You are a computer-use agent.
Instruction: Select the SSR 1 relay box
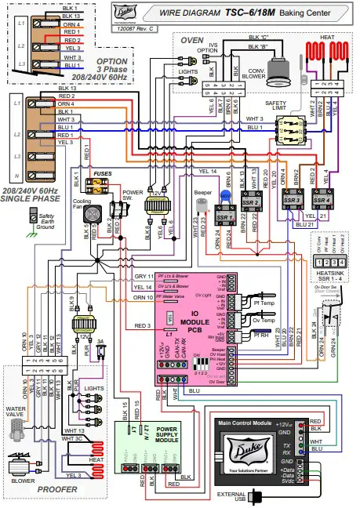[225, 216]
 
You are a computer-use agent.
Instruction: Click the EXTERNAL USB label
[234, 496]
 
